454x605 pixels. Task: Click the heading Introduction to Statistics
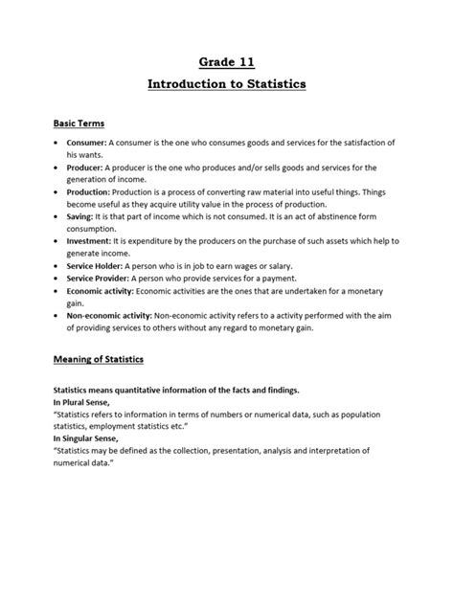pos(226,85)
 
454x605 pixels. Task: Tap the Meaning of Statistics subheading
pos(98,359)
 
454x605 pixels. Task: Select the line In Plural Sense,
pos(81,403)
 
